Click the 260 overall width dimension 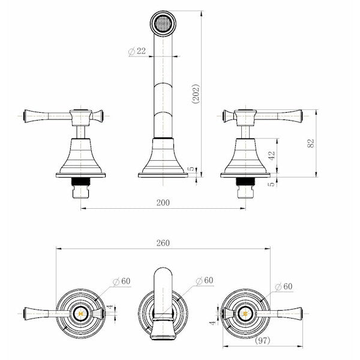163,243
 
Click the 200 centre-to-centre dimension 163,203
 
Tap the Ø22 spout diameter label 137,52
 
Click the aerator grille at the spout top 162,25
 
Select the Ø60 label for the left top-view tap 122,280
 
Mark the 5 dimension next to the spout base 191,170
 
